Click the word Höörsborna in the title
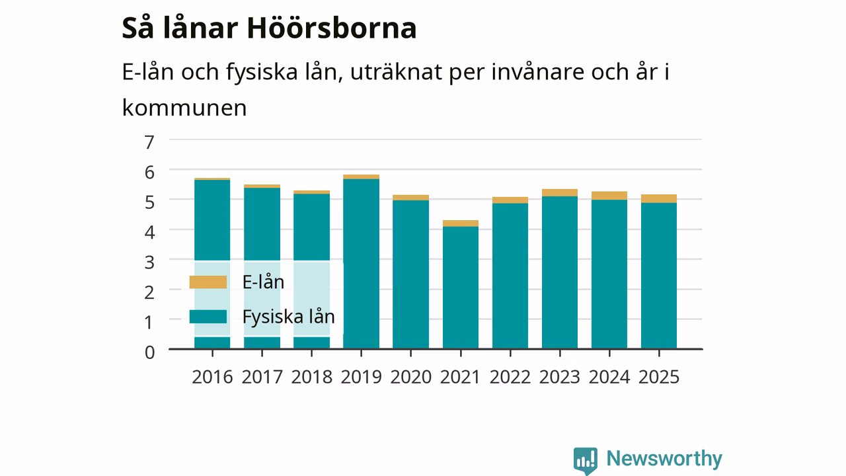click(x=332, y=28)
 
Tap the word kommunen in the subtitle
click(x=184, y=108)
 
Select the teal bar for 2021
click(x=461, y=288)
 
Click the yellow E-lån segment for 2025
click(x=659, y=199)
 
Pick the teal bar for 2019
click(x=361, y=264)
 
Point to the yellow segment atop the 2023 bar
click(x=560, y=192)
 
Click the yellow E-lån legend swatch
click(x=208, y=282)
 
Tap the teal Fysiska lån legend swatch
click(x=208, y=317)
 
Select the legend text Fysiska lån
click(x=289, y=317)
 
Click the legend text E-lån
click(x=263, y=282)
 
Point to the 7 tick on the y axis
click(x=149, y=142)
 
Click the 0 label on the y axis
click(x=149, y=352)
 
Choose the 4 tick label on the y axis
click(x=149, y=232)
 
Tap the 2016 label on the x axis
click(x=212, y=377)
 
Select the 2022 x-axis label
click(x=510, y=377)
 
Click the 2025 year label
click(x=659, y=377)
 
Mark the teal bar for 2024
click(x=609, y=274)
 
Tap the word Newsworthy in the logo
click(x=664, y=458)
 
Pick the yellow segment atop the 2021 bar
click(x=461, y=223)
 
